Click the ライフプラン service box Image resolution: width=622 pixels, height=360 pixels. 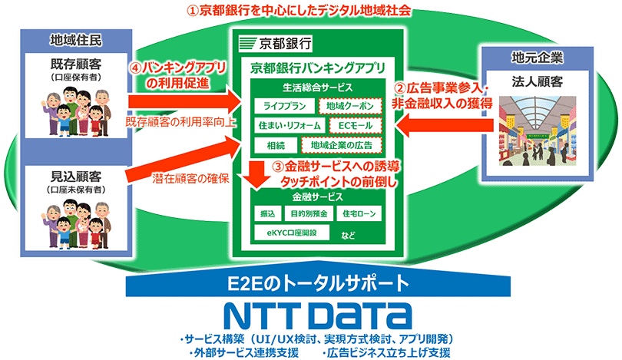tap(284, 106)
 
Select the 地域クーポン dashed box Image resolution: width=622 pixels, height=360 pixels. tap(350, 106)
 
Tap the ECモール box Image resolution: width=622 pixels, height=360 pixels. tap(356, 126)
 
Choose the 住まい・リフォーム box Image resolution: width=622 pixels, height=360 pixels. tap(289, 126)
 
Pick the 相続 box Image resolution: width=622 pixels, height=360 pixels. tap(276, 146)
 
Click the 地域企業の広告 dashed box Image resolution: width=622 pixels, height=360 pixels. tap(342, 146)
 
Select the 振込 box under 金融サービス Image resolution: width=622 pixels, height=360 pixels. tap(268, 213)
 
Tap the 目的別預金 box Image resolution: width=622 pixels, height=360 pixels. tap(309, 213)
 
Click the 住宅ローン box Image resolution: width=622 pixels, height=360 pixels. tap(359, 213)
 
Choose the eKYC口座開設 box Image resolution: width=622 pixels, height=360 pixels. tap(292, 233)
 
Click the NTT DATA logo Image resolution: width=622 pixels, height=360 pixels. tap(318, 316)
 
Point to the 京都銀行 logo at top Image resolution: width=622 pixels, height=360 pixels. tap(276, 44)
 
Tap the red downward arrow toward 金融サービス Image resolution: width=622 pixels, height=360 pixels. tap(257, 174)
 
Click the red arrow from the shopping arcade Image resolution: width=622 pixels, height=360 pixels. tap(445, 125)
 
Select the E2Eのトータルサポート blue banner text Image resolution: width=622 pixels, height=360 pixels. tap(318, 283)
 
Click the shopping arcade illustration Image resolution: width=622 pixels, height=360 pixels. tap(538, 130)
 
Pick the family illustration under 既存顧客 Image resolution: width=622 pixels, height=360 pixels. tap(76, 112)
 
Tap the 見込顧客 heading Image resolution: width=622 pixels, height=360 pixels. tap(76, 177)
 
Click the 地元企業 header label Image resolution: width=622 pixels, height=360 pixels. tap(537, 58)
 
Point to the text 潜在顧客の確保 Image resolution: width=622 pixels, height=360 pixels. tap(190, 178)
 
